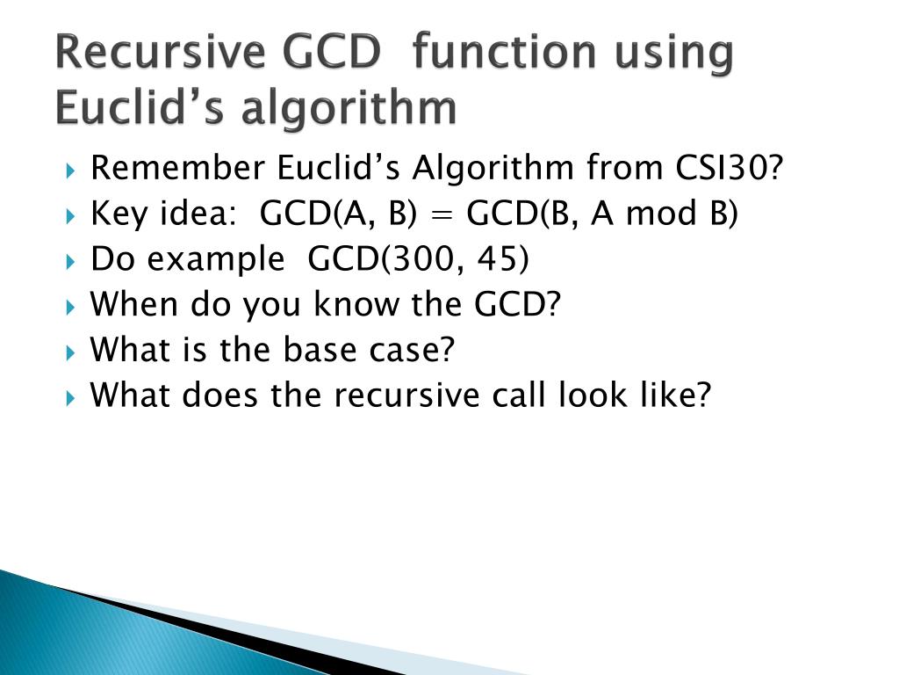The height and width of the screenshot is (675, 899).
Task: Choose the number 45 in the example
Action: point(500,259)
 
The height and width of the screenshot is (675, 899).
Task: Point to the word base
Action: point(313,351)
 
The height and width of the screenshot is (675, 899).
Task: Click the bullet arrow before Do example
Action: point(71,261)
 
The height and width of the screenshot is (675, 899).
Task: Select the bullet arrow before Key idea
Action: point(71,215)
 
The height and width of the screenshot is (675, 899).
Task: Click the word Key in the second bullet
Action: point(118,214)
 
